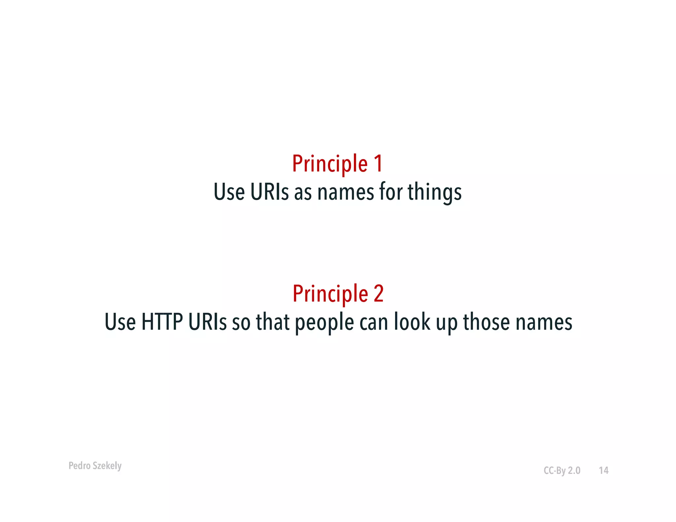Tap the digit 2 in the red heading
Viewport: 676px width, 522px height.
pos(379,293)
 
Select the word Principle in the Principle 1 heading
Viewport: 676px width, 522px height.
pos(330,164)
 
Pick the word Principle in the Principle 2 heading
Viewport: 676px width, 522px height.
pos(330,294)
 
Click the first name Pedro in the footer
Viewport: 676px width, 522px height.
pos(79,466)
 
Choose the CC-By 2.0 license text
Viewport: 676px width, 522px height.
pos(562,471)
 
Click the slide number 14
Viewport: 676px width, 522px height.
pos(604,471)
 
